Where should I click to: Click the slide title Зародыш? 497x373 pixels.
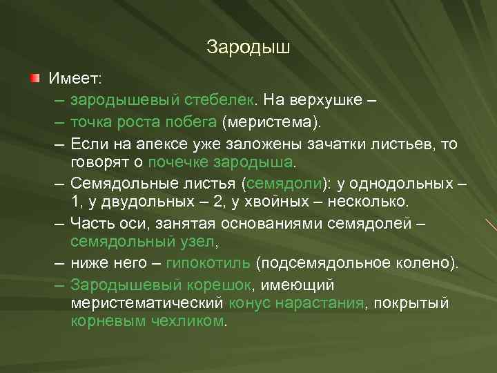pyautogui.click(x=248, y=48)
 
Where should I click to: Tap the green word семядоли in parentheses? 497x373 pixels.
pyautogui.click(x=275, y=184)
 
